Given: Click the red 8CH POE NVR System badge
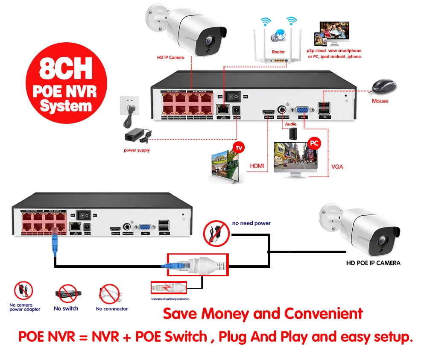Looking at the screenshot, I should (x=65, y=87).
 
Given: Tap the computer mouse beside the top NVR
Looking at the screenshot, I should (x=383, y=87).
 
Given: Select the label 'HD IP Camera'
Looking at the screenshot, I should (x=170, y=57).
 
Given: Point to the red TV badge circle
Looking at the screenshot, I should (x=239, y=148).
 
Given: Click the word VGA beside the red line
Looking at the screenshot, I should (x=337, y=167).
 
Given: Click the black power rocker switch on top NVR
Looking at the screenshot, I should (x=233, y=96).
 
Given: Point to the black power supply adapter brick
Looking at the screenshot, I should (x=135, y=136).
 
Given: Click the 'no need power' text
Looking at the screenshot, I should (x=251, y=223).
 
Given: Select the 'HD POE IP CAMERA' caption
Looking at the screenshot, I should (x=373, y=263).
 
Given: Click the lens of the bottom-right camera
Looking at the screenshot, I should (x=387, y=239).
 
